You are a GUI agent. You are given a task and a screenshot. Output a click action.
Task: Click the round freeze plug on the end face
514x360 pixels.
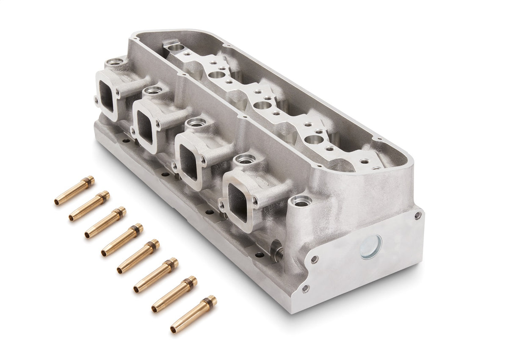tap(371, 247)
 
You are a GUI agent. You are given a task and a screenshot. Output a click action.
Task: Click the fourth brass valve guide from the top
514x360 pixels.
tap(122, 240)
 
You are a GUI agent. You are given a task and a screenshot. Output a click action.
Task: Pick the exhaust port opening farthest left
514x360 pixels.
tap(106, 97)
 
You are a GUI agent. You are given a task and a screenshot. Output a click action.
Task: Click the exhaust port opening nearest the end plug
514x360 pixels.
tap(238, 202)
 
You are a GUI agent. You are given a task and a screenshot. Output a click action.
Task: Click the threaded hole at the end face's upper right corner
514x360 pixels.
tap(417, 215)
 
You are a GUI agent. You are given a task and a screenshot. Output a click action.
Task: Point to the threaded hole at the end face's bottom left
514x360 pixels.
tap(305, 288)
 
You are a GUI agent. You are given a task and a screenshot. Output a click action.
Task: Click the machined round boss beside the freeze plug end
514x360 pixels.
tap(301, 202)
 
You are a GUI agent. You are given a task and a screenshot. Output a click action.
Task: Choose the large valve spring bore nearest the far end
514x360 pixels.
tap(217, 75)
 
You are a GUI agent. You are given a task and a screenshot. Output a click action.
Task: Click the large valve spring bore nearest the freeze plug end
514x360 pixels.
tap(314, 139)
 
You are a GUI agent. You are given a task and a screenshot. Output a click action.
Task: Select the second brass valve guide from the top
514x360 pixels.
tap(90, 206)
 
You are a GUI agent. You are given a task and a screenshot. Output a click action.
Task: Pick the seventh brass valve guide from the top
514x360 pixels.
tap(174, 294)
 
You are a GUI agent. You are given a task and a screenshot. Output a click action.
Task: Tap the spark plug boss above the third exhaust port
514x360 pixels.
tap(196, 123)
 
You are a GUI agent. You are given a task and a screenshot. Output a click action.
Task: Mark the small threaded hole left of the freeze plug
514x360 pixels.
tap(314, 259)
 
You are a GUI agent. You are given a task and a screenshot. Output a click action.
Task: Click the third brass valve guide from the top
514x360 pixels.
tap(105, 222)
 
